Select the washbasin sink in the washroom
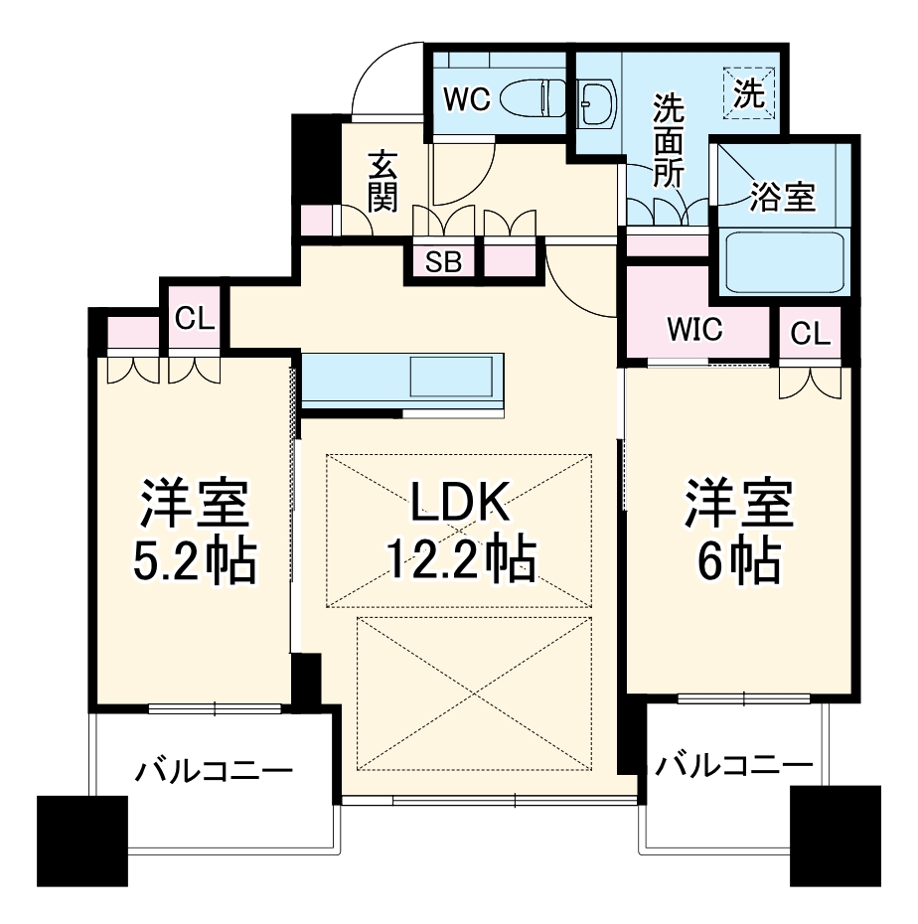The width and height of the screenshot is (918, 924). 597,100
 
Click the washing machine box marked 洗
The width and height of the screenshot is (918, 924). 749,92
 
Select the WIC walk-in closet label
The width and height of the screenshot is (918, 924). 694,330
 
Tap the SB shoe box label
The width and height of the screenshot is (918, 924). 443,262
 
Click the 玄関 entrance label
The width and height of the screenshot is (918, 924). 382,182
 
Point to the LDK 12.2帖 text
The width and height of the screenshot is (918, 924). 460,535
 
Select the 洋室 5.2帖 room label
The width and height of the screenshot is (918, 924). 195,535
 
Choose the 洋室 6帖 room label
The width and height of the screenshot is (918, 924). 737,535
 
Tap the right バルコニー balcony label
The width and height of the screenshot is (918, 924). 733,764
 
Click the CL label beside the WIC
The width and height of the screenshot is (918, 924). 810,335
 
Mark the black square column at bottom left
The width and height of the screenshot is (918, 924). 81,840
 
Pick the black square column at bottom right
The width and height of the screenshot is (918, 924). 835,835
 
